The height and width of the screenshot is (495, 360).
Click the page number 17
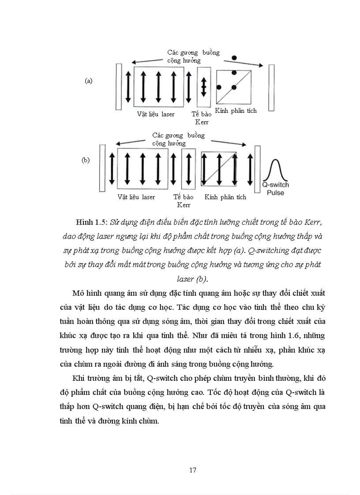(x=192, y=469)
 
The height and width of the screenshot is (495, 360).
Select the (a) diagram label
(x=89, y=81)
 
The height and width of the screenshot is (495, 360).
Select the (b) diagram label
(x=86, y=160)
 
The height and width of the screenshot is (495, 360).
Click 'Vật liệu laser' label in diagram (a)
(x=156, y=114)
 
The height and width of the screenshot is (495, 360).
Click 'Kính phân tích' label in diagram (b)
(x=225, y=197)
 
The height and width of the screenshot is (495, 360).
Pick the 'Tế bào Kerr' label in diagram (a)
(x=202, y=118)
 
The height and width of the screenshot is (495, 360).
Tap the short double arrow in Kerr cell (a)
(x=203, y=86)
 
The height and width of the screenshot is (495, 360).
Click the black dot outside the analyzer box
(x=234, y=58)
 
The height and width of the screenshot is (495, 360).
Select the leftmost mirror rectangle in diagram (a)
(x=119, y=87)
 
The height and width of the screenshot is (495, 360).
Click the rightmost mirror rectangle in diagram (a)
(x=271, y=87)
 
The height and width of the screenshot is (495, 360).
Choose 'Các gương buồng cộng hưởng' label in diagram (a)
(x=193, y=56)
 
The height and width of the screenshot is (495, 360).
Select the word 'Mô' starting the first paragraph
(x=78, y=293)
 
